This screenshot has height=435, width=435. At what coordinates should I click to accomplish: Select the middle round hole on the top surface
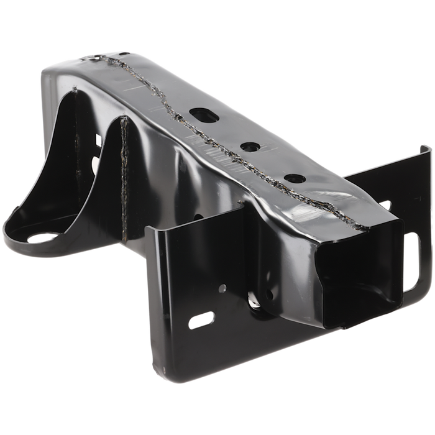point(249,147)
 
